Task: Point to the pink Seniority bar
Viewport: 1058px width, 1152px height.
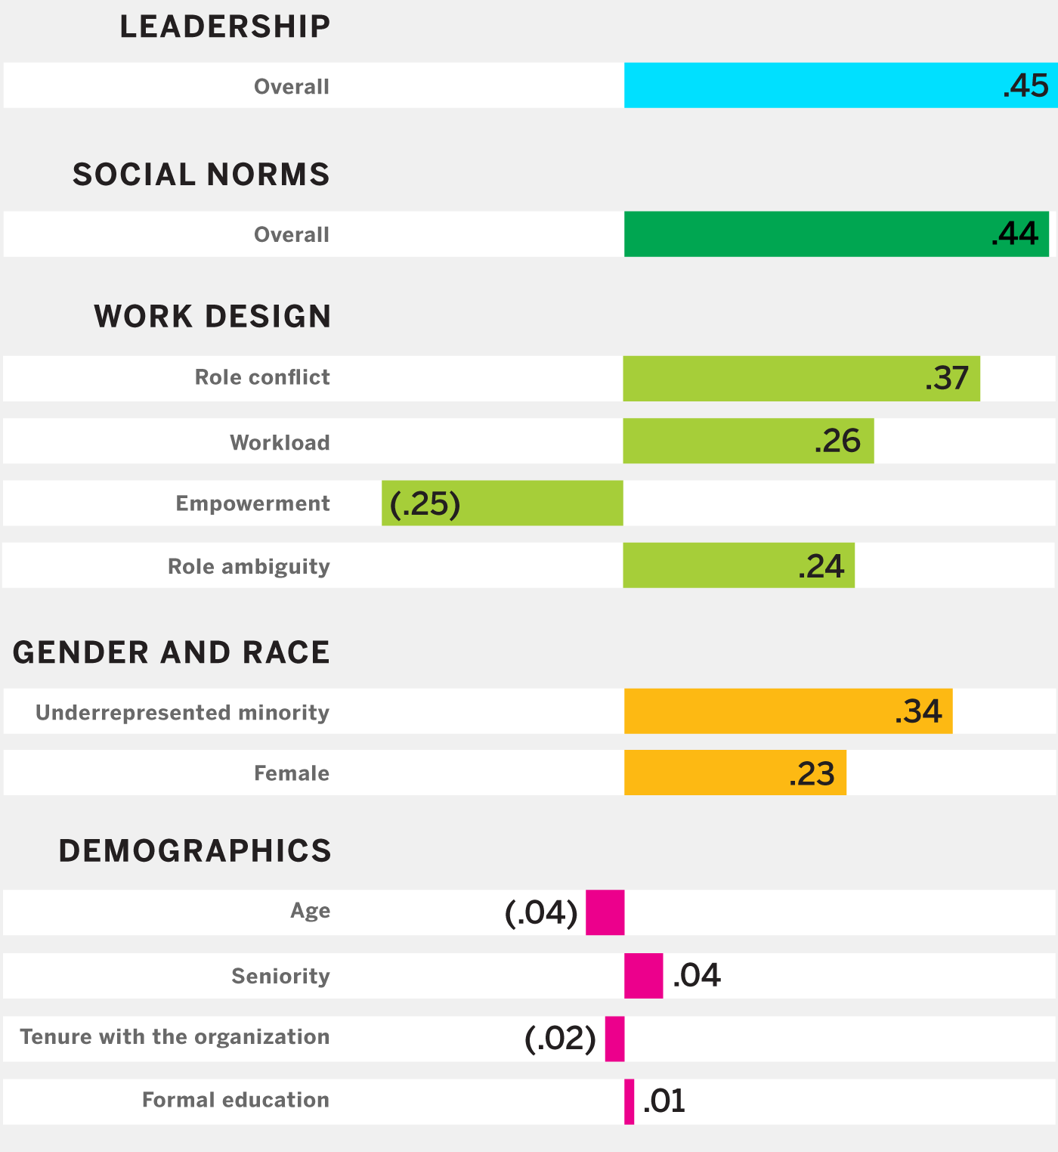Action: (643, 975)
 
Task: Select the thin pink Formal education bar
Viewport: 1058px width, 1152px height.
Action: (630, 1101)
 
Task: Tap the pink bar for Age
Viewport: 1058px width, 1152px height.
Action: (605, 912)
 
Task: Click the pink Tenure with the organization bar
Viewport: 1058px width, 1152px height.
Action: (614, 1039)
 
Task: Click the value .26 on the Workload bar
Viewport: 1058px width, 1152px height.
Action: (837, 441)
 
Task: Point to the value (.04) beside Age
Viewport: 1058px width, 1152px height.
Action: (541, 912)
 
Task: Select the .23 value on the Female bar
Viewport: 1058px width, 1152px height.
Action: (812, 773)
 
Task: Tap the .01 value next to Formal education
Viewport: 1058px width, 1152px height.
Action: (664, 1101)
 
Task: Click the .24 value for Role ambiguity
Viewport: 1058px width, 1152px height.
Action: (821, 565)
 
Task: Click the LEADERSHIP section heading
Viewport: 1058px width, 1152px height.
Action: (225, 27)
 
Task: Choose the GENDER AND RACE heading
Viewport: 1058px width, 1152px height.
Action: (172, 652)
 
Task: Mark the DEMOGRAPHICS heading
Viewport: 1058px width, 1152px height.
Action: (195, 850)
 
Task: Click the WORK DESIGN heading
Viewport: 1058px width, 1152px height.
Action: (212, 316)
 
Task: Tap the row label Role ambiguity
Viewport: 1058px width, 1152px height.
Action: (249, 566)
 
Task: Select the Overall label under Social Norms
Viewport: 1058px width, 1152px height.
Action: (292, 234)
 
